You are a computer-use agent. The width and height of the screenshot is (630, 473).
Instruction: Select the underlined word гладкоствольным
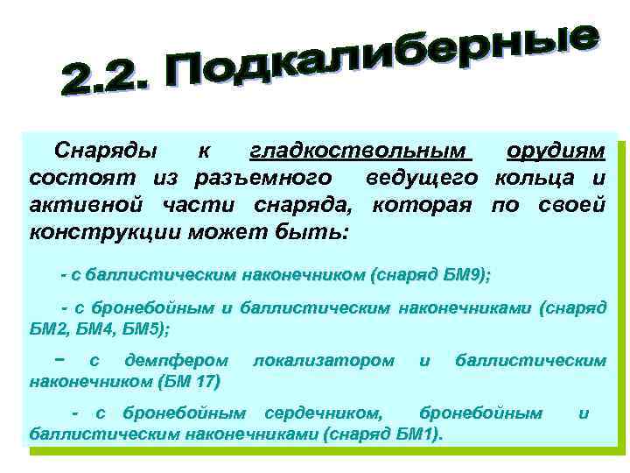pos(360,152)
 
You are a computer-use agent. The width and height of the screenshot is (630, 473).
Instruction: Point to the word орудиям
pos(556,152)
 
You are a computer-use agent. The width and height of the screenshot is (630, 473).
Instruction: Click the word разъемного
pos(261,179)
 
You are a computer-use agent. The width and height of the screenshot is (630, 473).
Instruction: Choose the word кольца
pos(533,179)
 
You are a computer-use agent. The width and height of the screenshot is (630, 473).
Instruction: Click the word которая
pos(422,206)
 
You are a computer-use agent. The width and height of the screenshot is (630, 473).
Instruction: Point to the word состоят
pos(73,179)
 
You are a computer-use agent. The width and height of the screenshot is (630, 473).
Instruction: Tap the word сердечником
pos(324,413)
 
